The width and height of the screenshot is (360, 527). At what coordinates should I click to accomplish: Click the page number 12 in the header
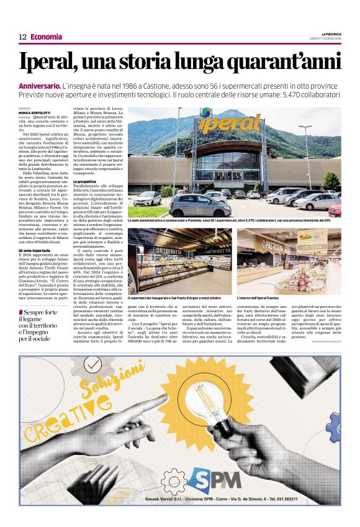[22, 37]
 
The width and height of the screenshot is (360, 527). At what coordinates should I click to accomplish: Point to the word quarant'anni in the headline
[279, 63]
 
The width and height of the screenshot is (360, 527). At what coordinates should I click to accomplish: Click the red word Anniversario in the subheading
[40, 85]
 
